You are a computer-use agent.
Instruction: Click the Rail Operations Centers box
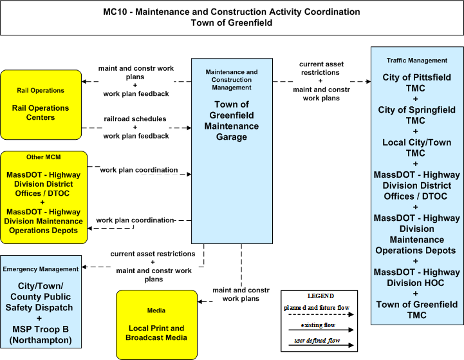(41, 105)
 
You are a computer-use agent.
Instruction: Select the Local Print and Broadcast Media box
(156, 325)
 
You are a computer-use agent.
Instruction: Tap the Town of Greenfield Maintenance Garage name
(232, 120)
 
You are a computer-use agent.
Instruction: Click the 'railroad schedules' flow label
(135, 118)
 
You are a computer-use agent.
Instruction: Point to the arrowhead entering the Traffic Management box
(368, 81)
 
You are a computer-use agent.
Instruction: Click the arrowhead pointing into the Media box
(200, 301)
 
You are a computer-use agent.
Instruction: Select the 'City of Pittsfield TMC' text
(416, 82)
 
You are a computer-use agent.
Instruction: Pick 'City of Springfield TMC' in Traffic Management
(416, 115)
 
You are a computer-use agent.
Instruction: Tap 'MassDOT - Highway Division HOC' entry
(416, 278)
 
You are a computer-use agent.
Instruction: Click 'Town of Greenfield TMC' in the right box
(416, 310)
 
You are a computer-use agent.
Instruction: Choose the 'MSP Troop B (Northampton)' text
(41, 334)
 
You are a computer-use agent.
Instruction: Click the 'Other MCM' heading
(44, 157)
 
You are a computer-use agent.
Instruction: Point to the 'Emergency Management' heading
(41, 269)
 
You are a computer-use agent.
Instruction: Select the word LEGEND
(320, 296)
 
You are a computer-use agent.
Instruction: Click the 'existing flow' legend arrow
(321, 330)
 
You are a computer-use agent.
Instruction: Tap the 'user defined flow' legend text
(317, 341)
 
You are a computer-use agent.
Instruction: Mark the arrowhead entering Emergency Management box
(84, 267)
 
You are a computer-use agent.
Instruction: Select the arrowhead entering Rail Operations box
(84, 81)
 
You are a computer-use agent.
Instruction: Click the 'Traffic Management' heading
(416, 61)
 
